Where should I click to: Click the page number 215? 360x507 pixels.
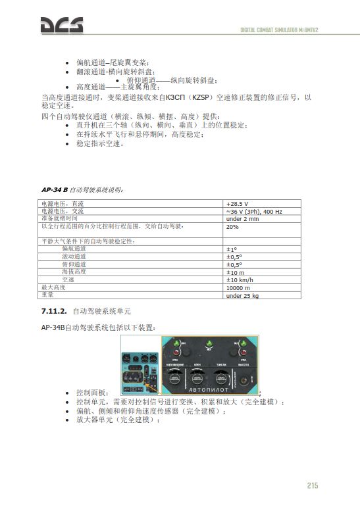click(x=312, y=485)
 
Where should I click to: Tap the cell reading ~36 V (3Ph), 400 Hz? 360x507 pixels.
click(x=253, y=211)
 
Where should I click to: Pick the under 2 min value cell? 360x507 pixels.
click(x=244, y=218)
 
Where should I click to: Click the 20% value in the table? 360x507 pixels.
click(x=232, y=226)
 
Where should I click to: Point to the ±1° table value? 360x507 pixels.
click(x=231, y=249)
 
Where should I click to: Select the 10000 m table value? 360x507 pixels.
click(x=238, y=287)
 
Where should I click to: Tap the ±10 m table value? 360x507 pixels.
click(x=235, y=272)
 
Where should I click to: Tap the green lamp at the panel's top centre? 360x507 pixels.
click(x=208, y=344)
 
